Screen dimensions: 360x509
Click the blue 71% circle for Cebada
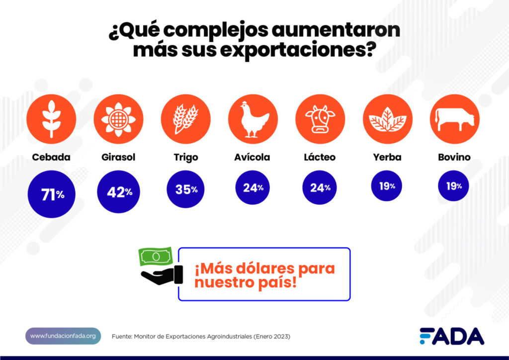[51, 194]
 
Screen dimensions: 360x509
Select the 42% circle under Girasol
[118, 192]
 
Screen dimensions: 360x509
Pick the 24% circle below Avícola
[253, 187]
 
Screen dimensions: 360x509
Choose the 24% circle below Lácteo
[320, 187]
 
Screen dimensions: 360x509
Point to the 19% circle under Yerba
[387, 186]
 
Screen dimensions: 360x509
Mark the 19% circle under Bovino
[454, 186]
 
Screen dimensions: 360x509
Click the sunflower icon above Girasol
[118, 119]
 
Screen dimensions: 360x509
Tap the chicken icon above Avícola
[253, 119]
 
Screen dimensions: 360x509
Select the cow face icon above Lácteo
[320, 119]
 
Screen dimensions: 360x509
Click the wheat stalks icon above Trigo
[185, 119]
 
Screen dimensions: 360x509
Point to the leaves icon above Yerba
[387, 119]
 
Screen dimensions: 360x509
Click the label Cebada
[51, 157]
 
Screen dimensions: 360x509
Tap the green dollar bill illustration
[156, 257]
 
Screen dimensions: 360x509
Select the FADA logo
[451, 336]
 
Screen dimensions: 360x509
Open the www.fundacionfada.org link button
[63, 336]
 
